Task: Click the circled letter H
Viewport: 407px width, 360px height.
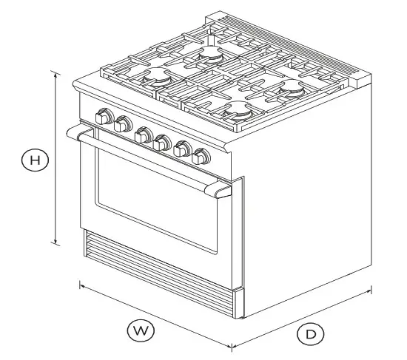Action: click(x=34, y=159)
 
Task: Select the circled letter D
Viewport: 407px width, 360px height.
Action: click(x=311, y=334)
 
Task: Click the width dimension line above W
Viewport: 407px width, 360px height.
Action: click(x=155, y=315)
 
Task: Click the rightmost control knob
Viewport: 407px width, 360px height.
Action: click(x=200, y=157)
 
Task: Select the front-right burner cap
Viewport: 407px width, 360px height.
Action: click(x=240, y=109)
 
